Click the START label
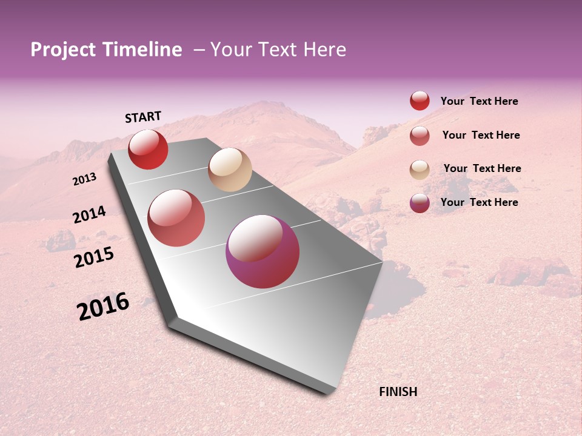[x=143, y=117]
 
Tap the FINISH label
[x=398, y=392]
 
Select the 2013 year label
[x=85, y=179]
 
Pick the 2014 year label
[x=89, y=214]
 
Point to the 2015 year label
[x=94, y=257]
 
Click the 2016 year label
[x=103, y=306]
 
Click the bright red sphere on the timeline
[x=148, y=149]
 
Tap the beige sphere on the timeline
[x=230, y=170]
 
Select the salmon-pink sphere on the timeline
[x=176, y=218]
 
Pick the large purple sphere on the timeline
[x=263, y=251]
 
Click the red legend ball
[x=420, y=101]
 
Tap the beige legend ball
[x=420, y=170]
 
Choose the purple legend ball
[x=420, y=203]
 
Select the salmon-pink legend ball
[x=420, y=136]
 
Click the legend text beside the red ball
[x=479, y=102]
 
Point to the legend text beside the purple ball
[x=479, y=202]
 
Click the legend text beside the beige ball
[x=482, y=168]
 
